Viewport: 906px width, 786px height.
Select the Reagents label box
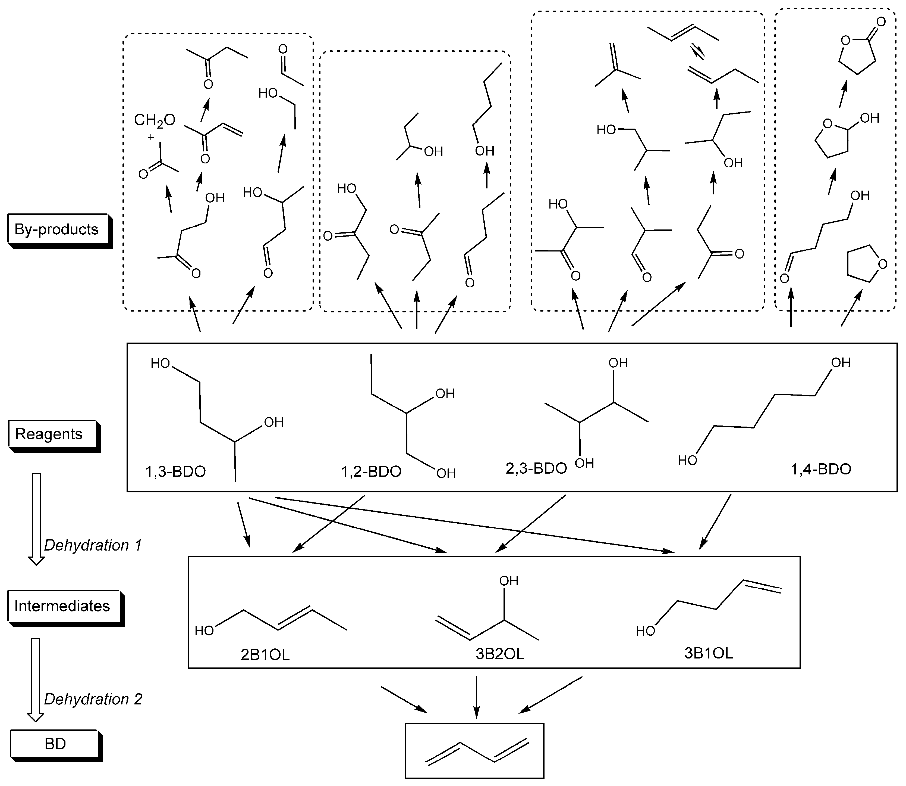point(49,434)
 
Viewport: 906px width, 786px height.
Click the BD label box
point(55,744)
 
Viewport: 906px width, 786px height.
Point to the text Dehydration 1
point(93,545)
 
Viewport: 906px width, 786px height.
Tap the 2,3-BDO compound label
point(536,468)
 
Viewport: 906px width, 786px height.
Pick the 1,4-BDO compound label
point(820,469)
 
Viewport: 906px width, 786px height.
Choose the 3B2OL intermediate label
point(500,654)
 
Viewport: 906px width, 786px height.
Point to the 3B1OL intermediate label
point(708,653)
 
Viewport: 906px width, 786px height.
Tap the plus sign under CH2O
point(151,137)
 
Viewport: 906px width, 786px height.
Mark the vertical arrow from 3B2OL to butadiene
point(477,697)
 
